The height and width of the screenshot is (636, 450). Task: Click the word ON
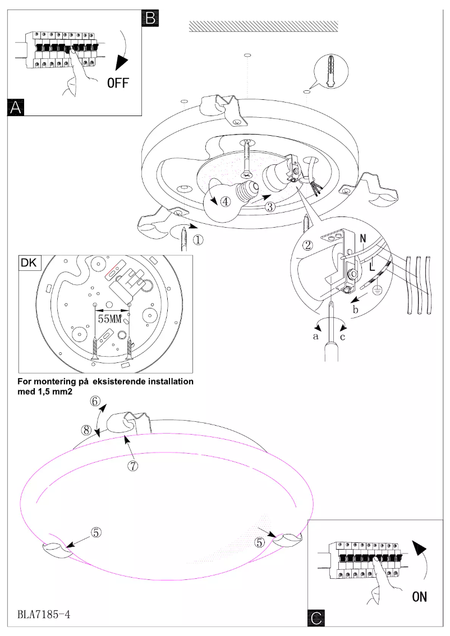(x=419, y=597)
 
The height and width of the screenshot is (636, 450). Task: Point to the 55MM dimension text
(x=110, y=319)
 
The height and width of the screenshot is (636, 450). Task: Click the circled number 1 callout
(x=199, y=239)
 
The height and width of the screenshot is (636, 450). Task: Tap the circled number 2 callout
(x=307, y=245)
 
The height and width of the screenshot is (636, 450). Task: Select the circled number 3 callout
(x=270, y=206)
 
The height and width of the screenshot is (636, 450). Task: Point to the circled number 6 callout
(x=96, y=401)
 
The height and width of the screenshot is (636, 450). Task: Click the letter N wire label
(x=362, y=238)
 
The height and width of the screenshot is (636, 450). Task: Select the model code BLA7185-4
(x=43, y=615)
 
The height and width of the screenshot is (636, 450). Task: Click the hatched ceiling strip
(x=264, y=26)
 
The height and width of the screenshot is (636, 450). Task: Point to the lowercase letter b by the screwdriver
(x=356, y=309)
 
